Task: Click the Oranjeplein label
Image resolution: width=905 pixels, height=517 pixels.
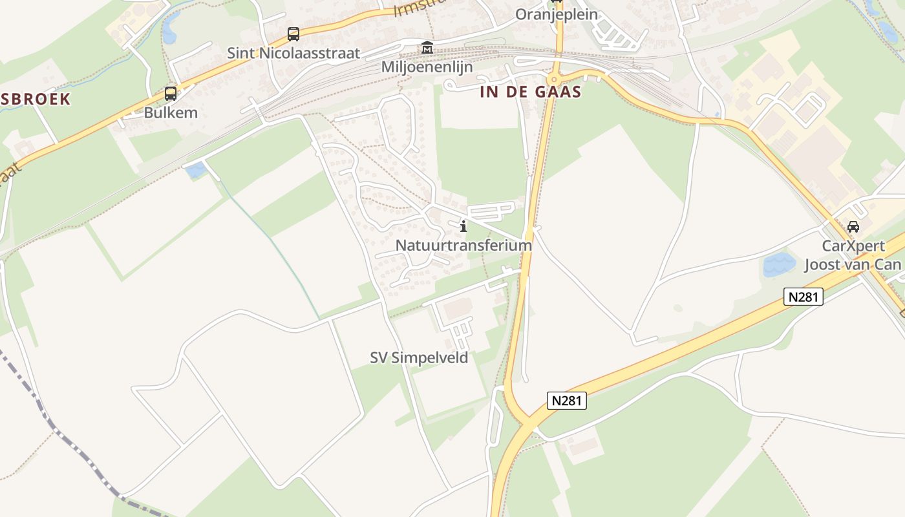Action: click(x=556, y=14)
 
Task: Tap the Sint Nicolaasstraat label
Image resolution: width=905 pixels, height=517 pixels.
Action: click(x=293, y=53)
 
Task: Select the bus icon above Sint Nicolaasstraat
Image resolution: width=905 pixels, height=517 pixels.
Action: click(x=293, y=34)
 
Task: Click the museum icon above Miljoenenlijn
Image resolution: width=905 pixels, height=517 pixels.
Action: click(x=427, y=48)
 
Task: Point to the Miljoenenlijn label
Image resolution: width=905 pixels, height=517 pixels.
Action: click(x=427, y=67)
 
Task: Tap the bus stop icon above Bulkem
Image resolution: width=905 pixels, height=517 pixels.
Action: click(x=171, y=94)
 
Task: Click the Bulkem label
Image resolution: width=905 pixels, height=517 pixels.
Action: click(x=171, y=112)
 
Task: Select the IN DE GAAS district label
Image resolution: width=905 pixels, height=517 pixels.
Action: click(x=531, y=92)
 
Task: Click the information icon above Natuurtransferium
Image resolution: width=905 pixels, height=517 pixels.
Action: click(x=463, y=226)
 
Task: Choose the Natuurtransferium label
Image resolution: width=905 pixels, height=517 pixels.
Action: click(x=463, y=246)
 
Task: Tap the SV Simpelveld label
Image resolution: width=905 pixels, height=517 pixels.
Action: click(x=419, y=358)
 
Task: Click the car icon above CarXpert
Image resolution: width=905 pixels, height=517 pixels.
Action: click(x=853, y=227)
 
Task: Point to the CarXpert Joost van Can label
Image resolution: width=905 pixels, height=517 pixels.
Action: click(x=853, y=255)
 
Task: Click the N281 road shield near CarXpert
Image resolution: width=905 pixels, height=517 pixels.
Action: click(x=804, y=297)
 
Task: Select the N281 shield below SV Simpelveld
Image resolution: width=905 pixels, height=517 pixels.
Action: click(x=566, y=401)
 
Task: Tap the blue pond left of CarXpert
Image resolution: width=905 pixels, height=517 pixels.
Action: click(x=778, y=264)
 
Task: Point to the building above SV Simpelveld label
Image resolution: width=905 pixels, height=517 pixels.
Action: click(x=458, y=310)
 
